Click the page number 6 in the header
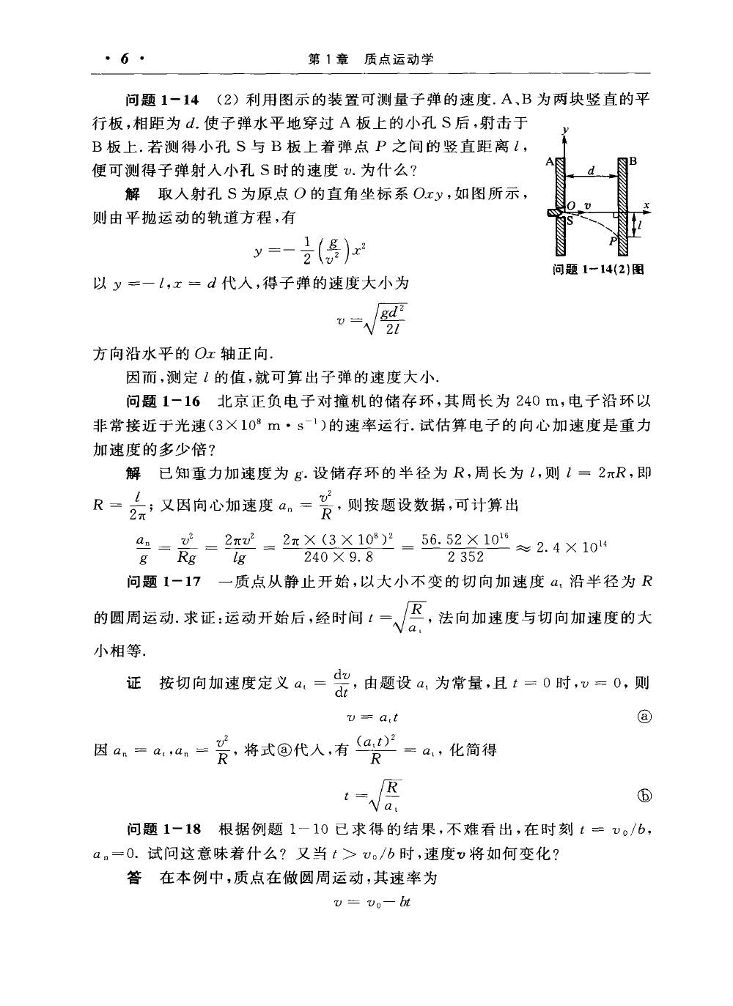123,59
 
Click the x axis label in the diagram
647,204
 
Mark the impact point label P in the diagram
610,239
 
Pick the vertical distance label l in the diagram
640,227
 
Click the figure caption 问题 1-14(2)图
598,269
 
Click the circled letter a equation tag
645,717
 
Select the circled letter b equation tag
645,795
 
